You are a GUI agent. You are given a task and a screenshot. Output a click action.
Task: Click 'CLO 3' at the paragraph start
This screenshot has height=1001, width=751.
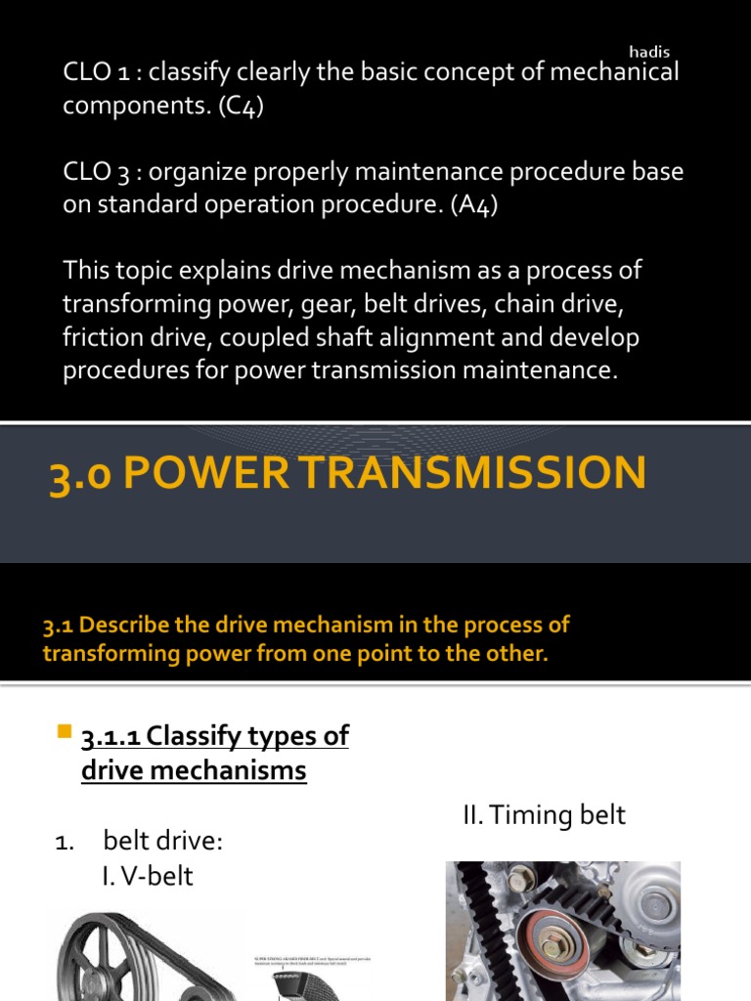click(x=96, y=172)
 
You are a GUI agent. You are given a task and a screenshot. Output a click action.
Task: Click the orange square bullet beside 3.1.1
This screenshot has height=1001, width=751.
click(x=66, y=732)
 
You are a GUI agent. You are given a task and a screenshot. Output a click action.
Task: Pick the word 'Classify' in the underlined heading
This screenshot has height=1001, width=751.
click(x=192, y=736)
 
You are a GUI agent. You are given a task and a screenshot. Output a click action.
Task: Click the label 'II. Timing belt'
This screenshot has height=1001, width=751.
click(x=545, y=815)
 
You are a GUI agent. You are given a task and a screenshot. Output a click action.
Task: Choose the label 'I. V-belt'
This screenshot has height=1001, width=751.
click(x=147, y=876)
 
